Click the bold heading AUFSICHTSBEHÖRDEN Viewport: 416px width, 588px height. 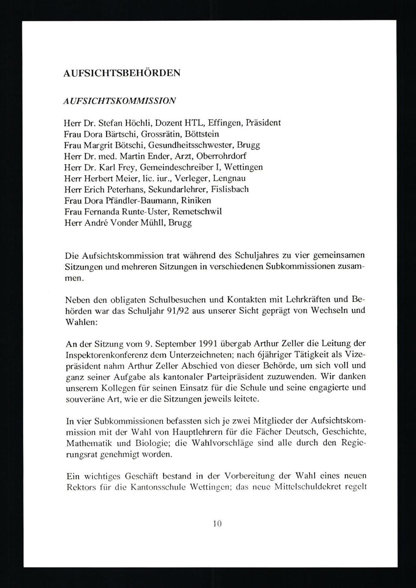coord(122,73)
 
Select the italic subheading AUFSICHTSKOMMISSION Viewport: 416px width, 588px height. coord(119,101)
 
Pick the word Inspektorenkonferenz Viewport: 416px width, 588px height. coord(110,355)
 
